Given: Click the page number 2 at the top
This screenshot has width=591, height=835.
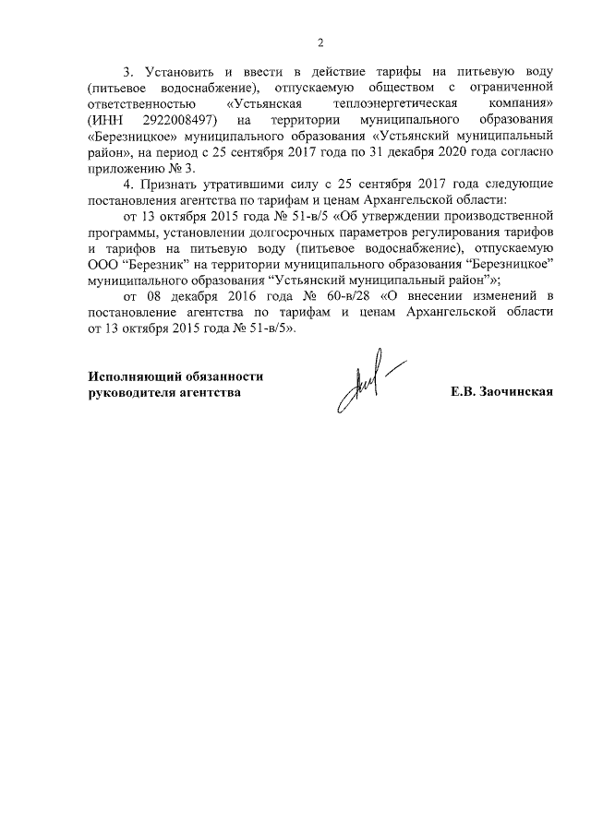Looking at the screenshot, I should click(320, 42).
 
